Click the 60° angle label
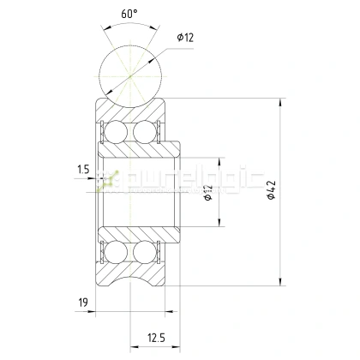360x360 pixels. pos(129,14)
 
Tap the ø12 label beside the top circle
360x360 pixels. pos(185,37)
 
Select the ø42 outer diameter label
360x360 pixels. pos(271,189)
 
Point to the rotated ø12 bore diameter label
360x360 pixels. pos(208,193)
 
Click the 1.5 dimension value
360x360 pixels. pos(83,170)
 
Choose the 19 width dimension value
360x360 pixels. pos(83,303)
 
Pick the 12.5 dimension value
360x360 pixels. pos(156,338)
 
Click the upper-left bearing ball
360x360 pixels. pos(116,132)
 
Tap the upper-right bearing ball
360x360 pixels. pos(145,132)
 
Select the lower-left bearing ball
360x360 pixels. pos(116,252)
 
